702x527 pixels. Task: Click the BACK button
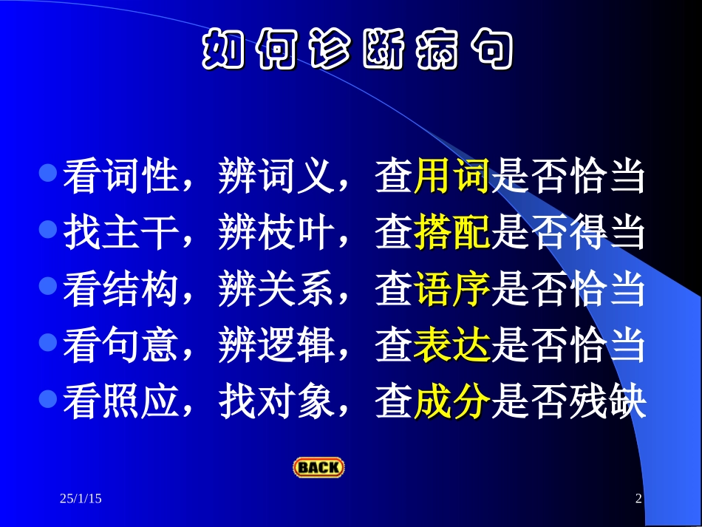(x=318, y=467)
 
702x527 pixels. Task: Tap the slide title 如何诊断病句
(x=357, y=50)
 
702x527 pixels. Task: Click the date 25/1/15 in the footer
(x=81, y=500)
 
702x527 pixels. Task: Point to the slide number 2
(x=638, y=500)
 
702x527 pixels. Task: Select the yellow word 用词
(x=452, y=178)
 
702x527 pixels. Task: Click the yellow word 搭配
(x=452, y=234)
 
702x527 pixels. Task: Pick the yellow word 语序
(x=452, y=290)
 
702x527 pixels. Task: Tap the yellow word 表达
(x=452, y=346)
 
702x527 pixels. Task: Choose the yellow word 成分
(x=452, y=402)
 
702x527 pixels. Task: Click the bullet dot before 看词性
(x=49, y=174)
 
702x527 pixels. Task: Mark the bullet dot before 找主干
(x=49, y=230)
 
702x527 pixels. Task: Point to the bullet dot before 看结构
(x=49, y=286)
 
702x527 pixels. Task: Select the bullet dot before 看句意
(x=49, y=342)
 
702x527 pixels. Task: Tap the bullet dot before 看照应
(x=49, y=398)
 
